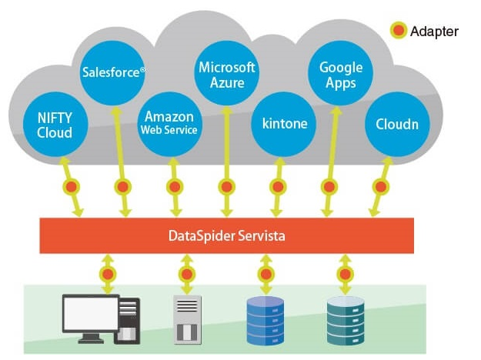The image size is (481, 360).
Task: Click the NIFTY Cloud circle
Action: (55, 125)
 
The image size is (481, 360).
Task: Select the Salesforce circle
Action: (114, 73)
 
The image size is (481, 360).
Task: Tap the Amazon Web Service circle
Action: (169, 122)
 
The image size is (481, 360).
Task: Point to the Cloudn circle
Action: (396, 123)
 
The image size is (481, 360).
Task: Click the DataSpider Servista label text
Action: (226, 235)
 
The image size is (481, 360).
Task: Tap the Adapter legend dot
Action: (398, 32)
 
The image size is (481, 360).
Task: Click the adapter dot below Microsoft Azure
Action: (226, 187)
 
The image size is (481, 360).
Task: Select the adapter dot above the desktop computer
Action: (108, 274)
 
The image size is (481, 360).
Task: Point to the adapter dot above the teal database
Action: (345, 274)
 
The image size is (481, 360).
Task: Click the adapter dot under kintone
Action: (277, 187)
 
